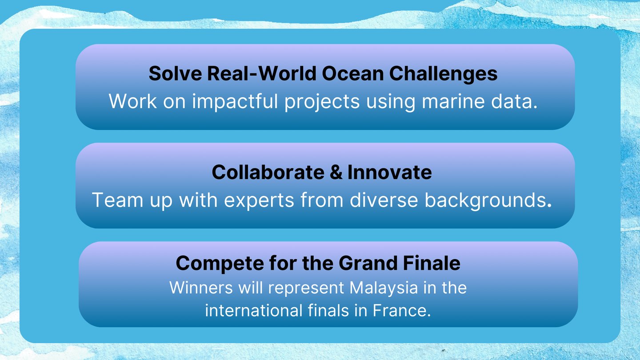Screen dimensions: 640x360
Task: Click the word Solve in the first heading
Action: (175, 73)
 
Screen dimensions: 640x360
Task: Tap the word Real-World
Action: (261, 73)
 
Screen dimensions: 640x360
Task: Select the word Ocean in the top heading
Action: (352, 73)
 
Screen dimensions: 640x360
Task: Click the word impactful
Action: (235, 101)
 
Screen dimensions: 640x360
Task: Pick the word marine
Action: (453, 101)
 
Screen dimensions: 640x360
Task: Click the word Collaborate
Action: (268, 172)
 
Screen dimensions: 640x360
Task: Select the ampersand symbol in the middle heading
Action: (336, 172)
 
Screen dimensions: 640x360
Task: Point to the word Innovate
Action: (390, 172)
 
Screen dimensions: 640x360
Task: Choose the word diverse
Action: (384, 200)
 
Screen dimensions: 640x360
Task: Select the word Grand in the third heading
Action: (368, 263)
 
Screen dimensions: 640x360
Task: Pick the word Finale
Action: (432, 263)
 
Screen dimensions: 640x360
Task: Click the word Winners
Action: (201, 288)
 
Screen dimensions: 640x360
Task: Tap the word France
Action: (402, 310)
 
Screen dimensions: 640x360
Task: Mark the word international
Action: (254, 310)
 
